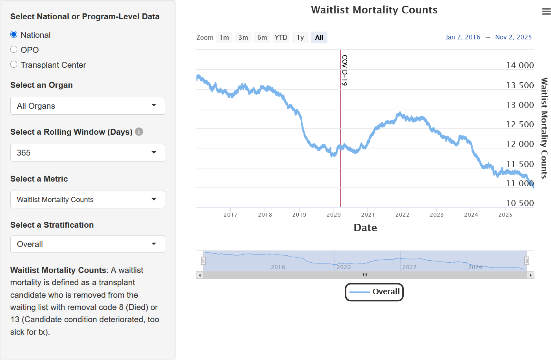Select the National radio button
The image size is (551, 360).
pos(14,35)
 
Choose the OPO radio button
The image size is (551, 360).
pos(14,50)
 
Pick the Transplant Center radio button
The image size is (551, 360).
pos(14,65)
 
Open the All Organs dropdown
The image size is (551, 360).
pos(87,106)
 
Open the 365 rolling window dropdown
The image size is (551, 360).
pos(87,153)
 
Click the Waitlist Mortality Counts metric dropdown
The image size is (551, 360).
pos(87,200)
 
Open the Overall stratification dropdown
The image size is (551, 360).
pos(87,244)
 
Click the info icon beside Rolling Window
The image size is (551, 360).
pos(139,132)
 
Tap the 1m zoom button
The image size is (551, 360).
pos(224,37)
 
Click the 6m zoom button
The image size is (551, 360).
pos(262,37)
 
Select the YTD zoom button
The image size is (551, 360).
pos(281,37)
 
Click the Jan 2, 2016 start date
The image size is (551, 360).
pos(463,37)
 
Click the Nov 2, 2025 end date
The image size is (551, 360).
pos(513,37)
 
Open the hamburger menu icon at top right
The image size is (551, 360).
pos(546,12)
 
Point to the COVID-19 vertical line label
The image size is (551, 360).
pos(345,70)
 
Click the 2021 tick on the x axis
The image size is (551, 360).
pos(368,215)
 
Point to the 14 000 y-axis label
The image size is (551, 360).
pos(520,65)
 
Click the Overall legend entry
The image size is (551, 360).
pos(374,292)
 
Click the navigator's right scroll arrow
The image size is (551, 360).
pos(531,275)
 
